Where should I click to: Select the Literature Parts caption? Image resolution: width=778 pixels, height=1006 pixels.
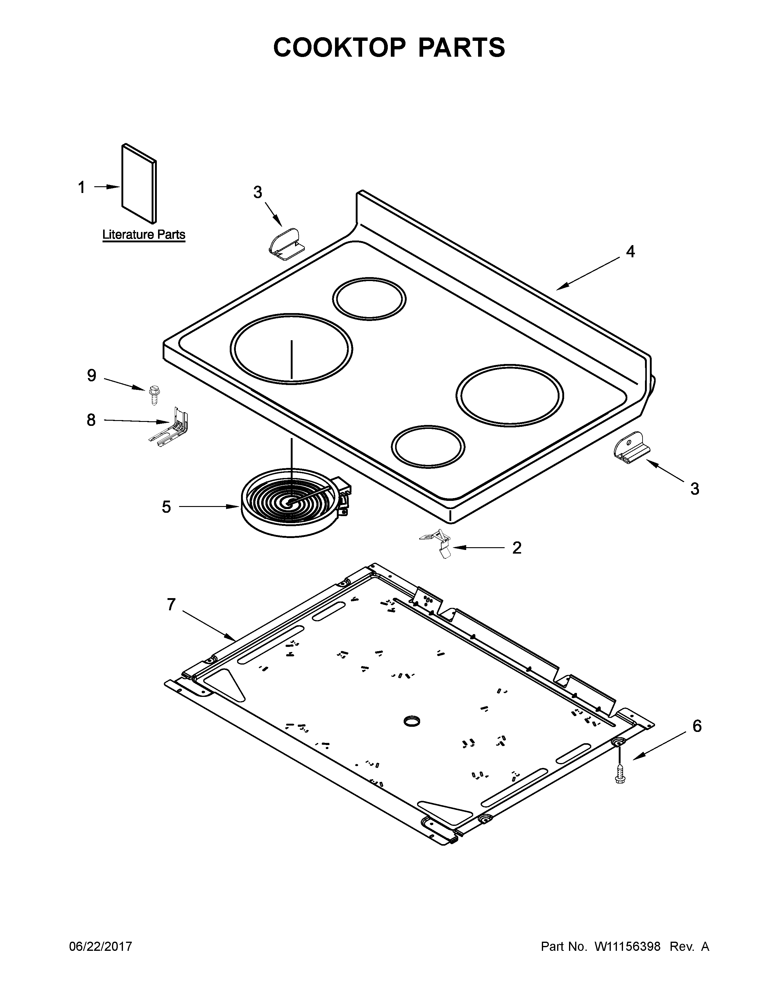(143, 234)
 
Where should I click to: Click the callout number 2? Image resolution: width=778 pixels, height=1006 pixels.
(517, 548)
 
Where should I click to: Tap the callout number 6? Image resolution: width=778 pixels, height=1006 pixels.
(697, 726)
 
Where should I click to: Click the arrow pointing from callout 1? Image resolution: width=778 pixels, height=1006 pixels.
(107, 187)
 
